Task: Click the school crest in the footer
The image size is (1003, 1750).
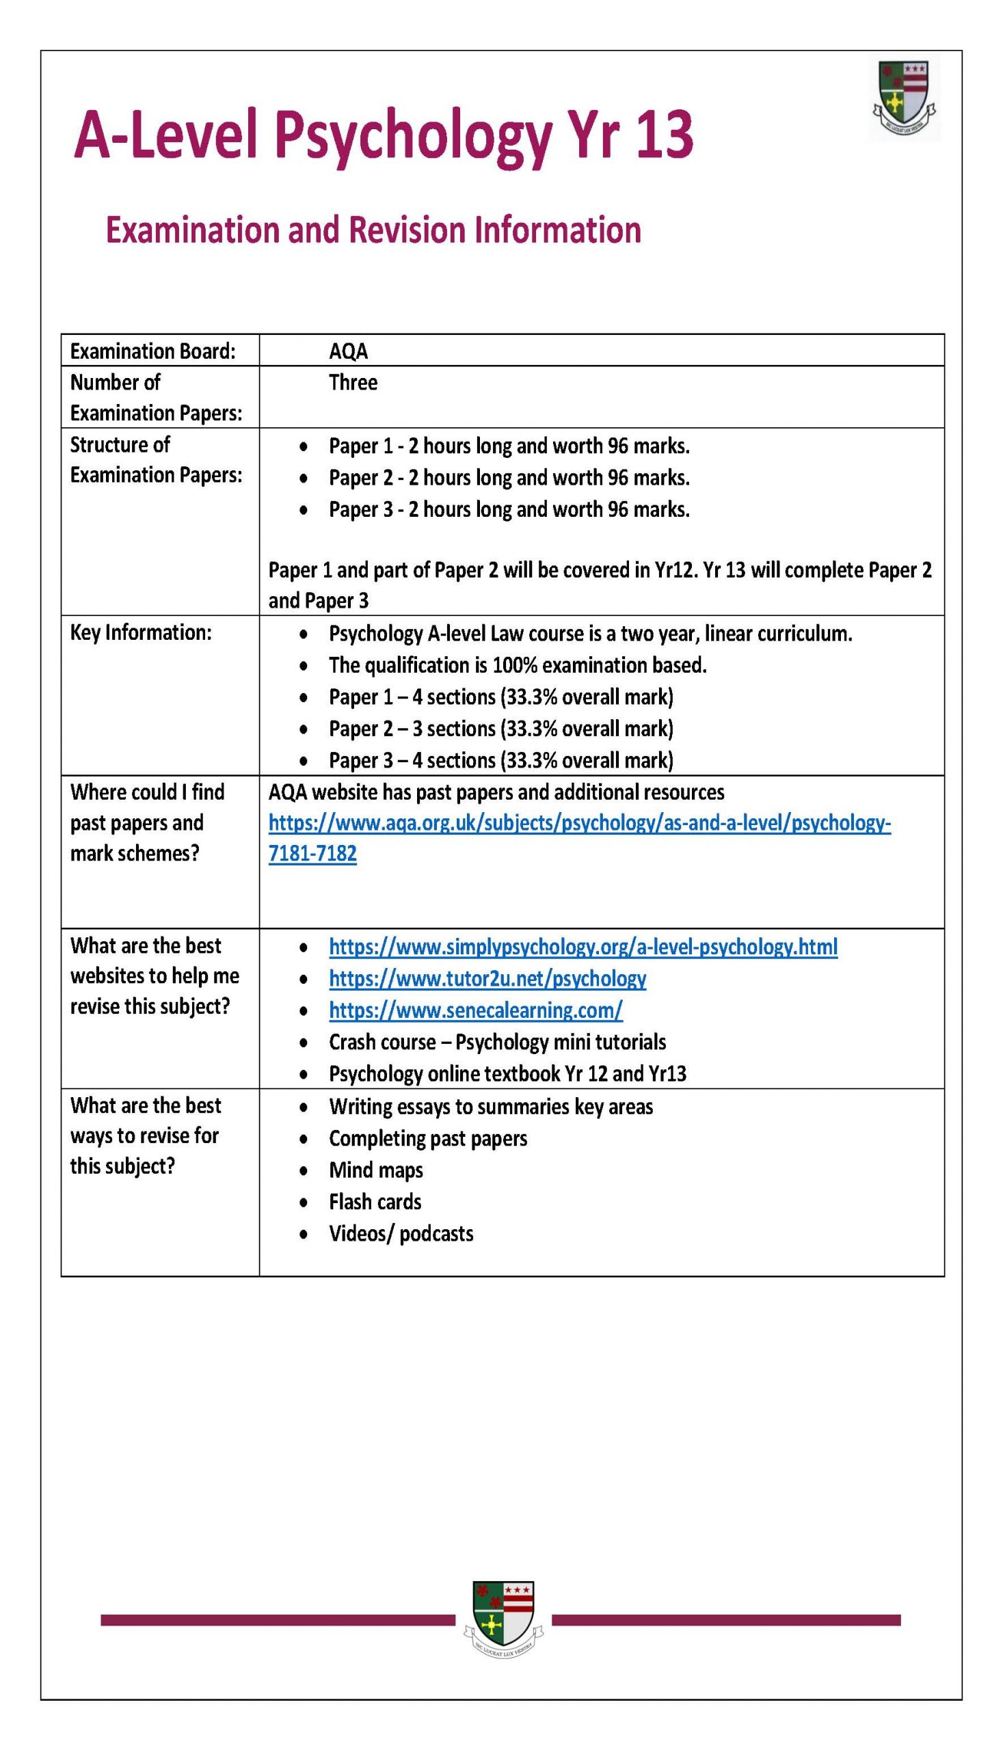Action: [x=503, y=1619]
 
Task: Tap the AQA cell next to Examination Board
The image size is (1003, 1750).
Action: [x=349, y=352]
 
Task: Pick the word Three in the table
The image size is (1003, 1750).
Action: [x=353, y=382]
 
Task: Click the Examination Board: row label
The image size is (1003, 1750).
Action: [x=152, y=352]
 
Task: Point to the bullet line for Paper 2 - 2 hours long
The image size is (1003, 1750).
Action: [x=509, y=478]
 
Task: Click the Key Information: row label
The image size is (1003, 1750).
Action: [x=141, y=632]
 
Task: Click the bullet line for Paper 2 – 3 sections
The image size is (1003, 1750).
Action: [x=500, y=729]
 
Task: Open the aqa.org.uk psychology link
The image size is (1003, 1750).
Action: [x=578, y=824]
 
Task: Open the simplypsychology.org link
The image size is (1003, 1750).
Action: [x=583, y=947]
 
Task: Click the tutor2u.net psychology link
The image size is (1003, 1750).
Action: [x=487, y=979]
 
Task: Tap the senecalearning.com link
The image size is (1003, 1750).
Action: [x=475, y=1010]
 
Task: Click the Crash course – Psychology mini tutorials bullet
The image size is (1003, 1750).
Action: [x=496, y=1042]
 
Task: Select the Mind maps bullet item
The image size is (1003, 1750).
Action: [x=375, y=1170]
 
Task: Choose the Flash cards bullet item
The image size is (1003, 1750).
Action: [x=375, y=1202]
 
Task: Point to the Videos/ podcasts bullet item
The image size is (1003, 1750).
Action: [x=401, y=1233]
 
